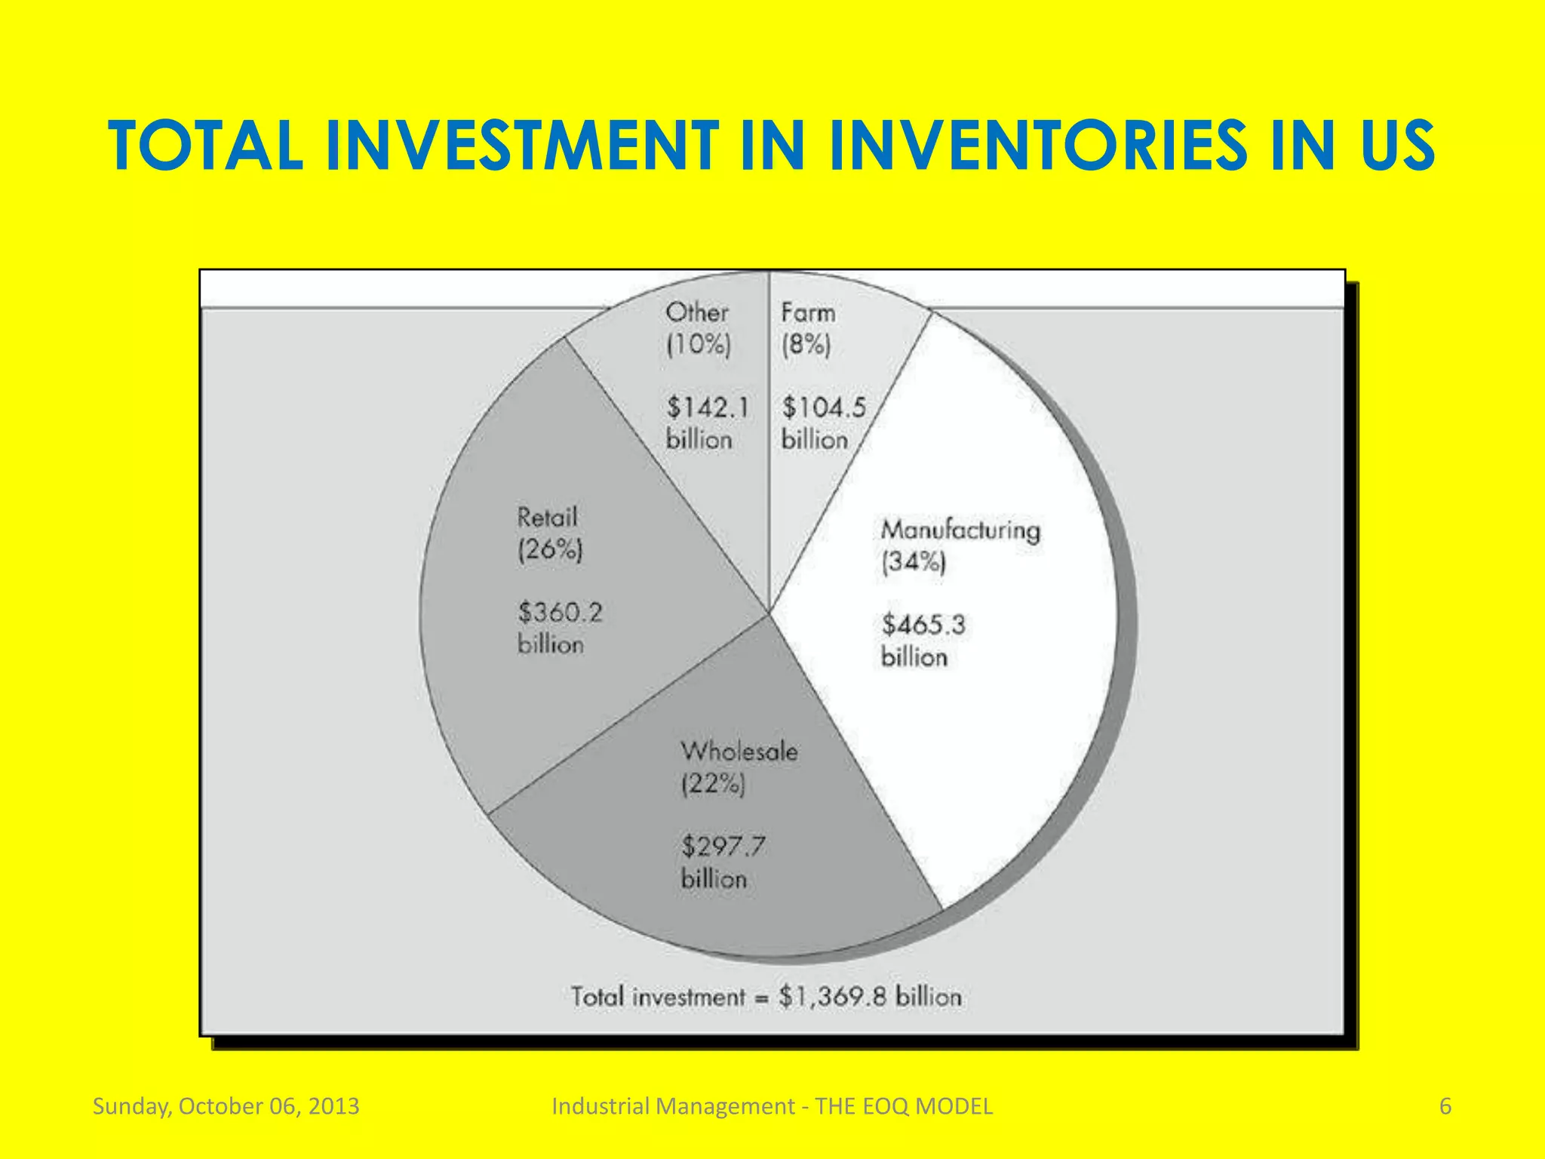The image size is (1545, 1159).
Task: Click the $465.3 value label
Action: pyautogui.click(x=923, y=625)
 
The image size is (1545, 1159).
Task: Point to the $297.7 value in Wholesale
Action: pyautogui.click(x=723, y=846)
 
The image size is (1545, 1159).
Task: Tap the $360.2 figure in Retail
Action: pyautogui.click(x=560, y=612)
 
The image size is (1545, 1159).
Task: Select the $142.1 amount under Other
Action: pyautogui.click(x=707, y=407)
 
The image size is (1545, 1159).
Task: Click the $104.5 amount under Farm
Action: pyautogui.click(x=824, y=407)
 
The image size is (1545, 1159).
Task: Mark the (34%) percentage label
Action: pyautogui.click(x=913, y=562)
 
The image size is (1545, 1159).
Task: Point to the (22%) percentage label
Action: pyautogui.click(x=712, y=785)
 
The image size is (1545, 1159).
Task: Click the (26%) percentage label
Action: pyautogui.click(x=550, y=549)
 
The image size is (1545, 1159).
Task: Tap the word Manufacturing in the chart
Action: pyautogui.click(x=960, y=530)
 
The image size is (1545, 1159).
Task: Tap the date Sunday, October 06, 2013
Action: pyautogui.click(x=226, y=1106)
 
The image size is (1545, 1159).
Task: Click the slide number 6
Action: pyautogui.click(x=1445, y=1106)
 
